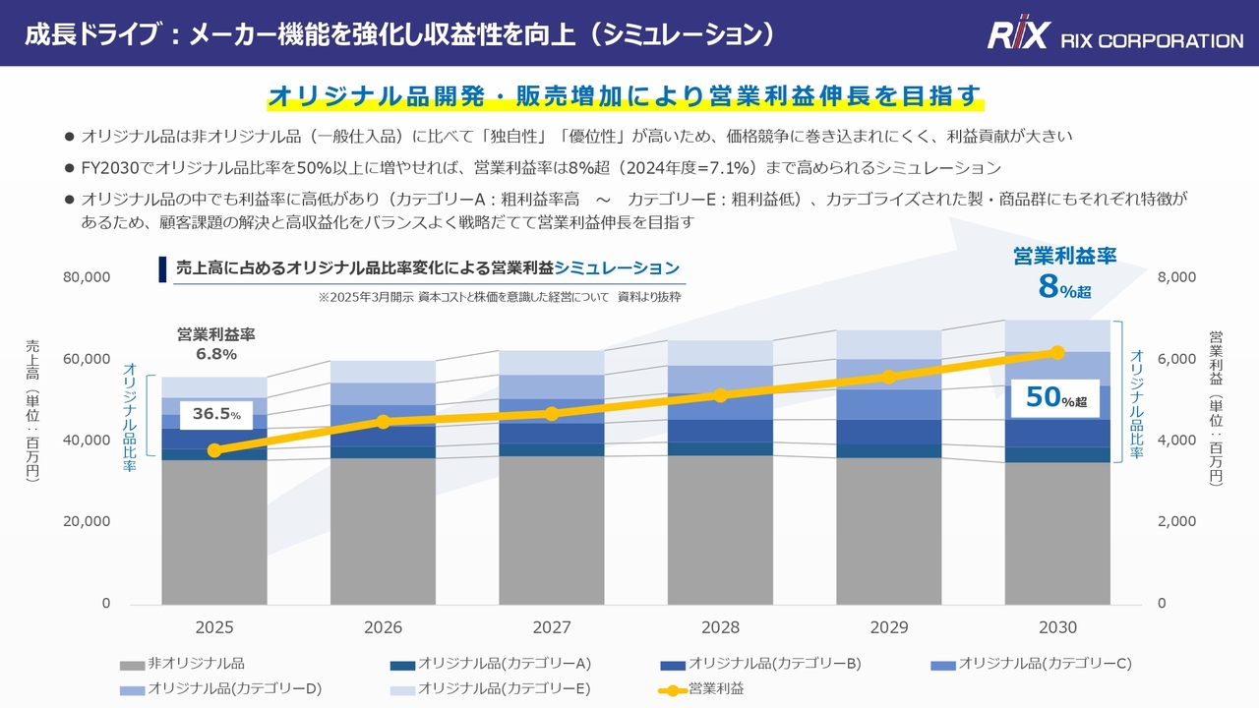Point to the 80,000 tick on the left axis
click(88, 277)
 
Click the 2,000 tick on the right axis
click(1176, 522)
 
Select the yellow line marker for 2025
click(214, 450)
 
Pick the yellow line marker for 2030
click(1057, 352)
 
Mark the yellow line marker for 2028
click(721, 395)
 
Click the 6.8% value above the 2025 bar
click(215, 354)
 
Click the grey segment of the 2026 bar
click(384, 531)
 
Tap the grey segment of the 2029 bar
click(889, 531)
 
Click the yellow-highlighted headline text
click(625, 96)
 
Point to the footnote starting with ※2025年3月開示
click(499, 296)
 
